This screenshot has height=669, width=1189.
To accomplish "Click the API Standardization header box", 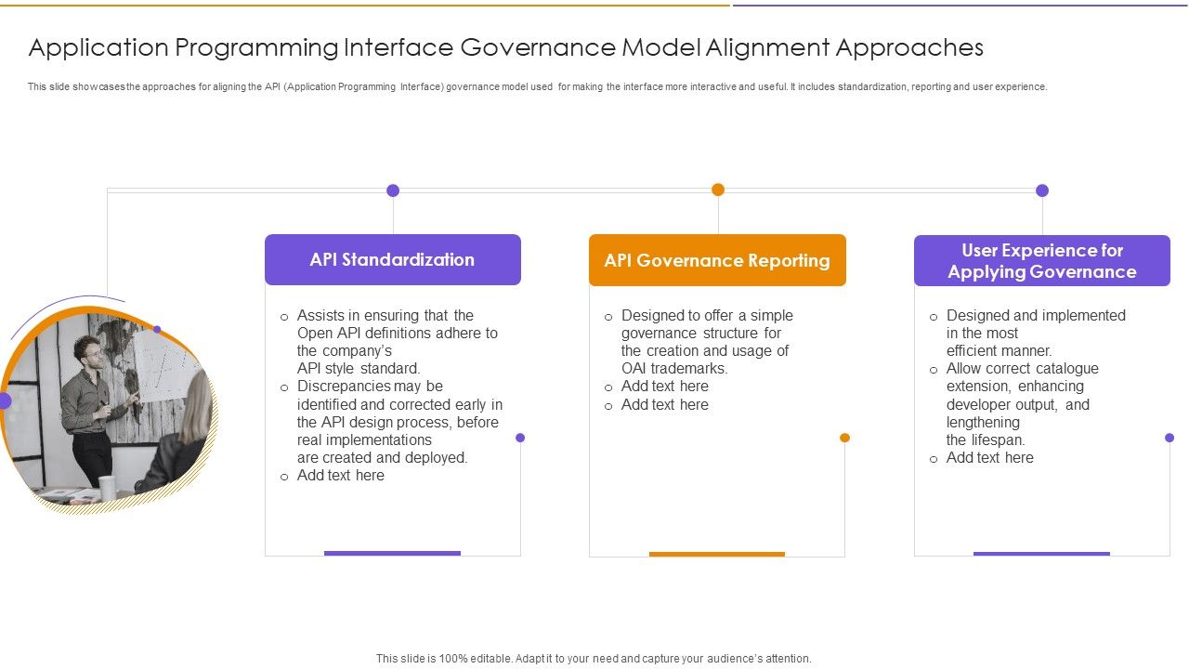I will pyautogui.click(x=392, y=259).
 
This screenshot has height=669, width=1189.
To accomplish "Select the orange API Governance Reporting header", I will pyautogui.click(x=717, y=260).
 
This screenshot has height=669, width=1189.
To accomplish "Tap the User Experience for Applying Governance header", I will pyautogui.click(x=1041, y=261).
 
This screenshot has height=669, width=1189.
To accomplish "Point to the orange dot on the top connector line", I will pyautogui.click(x=718, y=190).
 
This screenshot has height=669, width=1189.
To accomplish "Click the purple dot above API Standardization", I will pyautogui.click(x=393, y=190).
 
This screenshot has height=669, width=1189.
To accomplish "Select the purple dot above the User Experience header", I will pyautogui.click(x=1042, y=190).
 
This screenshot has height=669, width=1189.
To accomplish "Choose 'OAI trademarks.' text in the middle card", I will pyautogui.click(x=674, y=369).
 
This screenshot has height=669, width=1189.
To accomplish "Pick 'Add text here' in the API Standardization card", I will pyautogui.click(x=340, y=476).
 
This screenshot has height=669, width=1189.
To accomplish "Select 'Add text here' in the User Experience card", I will pyautogui.click(x=989, y=458).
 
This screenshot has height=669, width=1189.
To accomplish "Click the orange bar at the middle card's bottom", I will pyautogui.click(x=717, y=554).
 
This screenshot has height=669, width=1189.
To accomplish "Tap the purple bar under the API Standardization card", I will pyautogui.click(x=392, y=553).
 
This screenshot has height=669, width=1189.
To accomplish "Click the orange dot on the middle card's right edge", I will pyautogui.click(x=844, y=438).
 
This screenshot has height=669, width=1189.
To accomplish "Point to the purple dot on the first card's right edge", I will pyautogui.click(x=520, y=438).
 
